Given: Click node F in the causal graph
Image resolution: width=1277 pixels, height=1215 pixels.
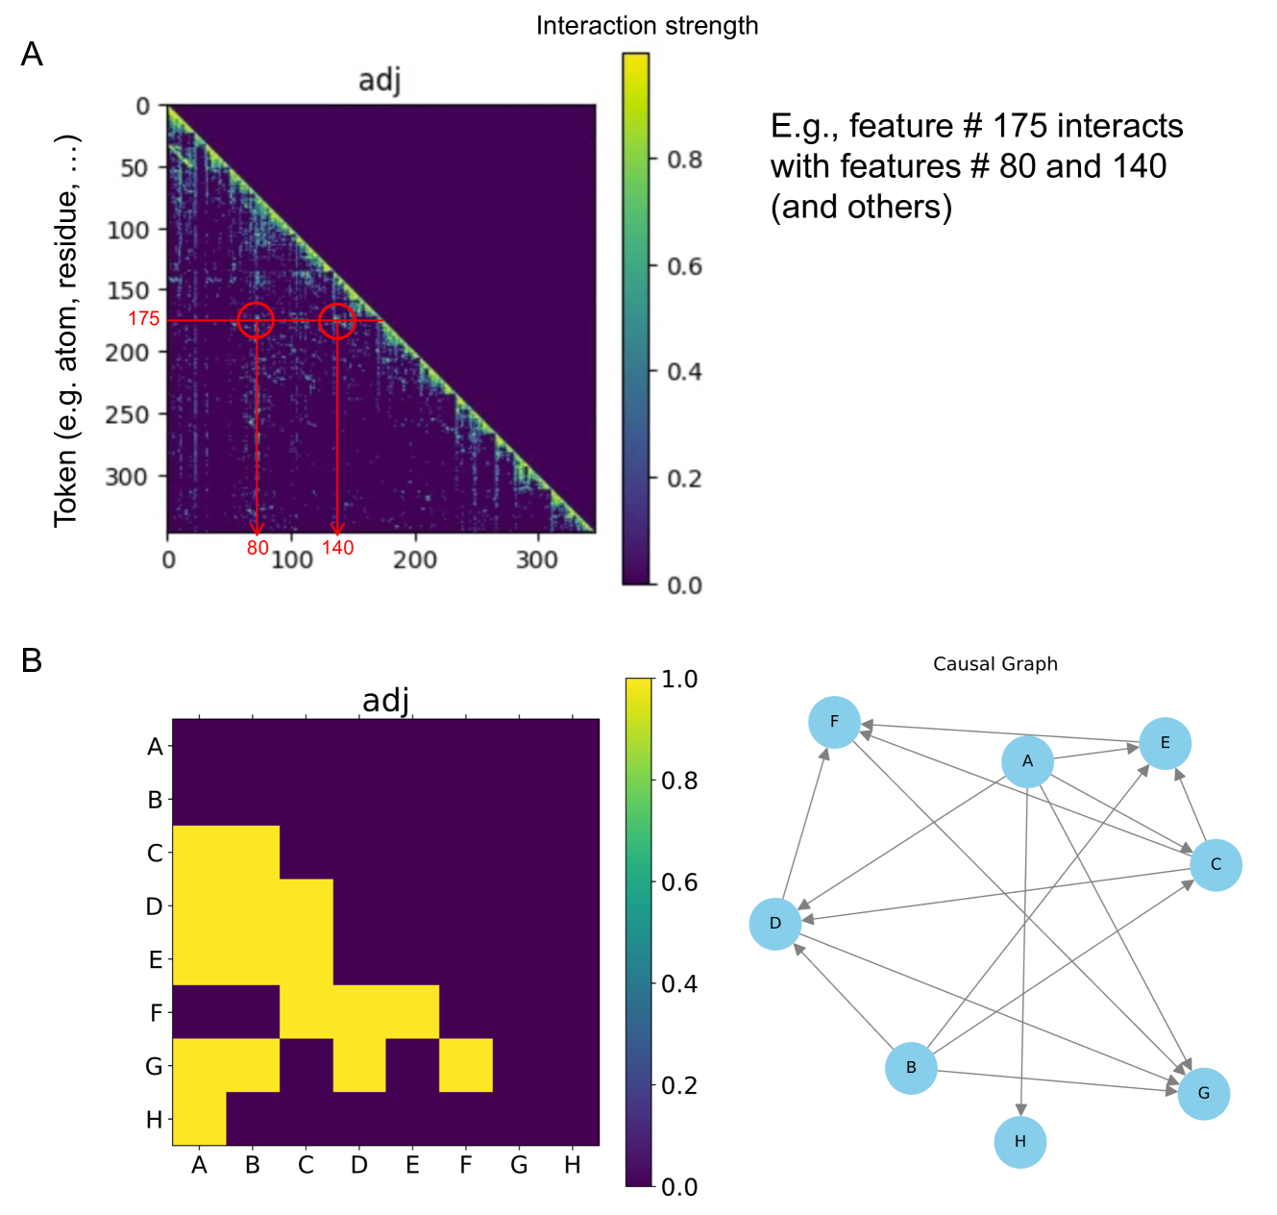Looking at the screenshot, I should click(x=834, y=722).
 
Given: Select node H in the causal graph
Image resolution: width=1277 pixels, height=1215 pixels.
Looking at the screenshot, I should click(x=1020, y=1142).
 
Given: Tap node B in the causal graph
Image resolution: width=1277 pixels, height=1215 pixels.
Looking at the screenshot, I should click(x=911, y=1068).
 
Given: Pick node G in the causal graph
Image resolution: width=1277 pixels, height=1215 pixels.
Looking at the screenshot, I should click(x=1204, y=1093).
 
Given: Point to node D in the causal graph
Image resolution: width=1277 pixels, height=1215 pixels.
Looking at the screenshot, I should click(x=775, y=924).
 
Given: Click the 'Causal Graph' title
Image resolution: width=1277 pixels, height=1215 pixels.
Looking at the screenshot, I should click(x=995, y=664).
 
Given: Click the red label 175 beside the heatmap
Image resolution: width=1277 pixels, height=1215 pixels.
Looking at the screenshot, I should click(x=144, y=319).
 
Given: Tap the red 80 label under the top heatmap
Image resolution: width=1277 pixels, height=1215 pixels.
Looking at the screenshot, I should click(x=258, y=548).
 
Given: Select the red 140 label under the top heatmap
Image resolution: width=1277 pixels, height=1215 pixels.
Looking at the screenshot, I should click(x=337, y=548).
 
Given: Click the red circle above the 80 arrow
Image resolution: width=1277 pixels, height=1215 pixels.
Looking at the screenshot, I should click(x=256, y=320).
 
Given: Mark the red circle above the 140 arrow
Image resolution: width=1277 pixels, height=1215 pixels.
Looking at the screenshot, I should click(x=337, y=320).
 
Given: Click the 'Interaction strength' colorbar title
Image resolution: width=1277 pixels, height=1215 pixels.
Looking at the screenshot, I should click(x=647, y=26).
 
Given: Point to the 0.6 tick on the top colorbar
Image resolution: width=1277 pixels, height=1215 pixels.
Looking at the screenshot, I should click(x=684, y=266).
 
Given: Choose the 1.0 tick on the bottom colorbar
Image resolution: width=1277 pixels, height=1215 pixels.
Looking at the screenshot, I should click(x=679, y=680).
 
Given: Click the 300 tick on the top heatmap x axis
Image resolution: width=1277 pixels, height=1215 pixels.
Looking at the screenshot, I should click(x=536, y=559).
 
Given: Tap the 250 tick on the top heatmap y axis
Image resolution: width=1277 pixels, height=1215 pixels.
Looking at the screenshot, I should click(x=128, y=414).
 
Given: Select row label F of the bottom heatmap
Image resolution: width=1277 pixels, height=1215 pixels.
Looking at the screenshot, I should click(x=156, y=1013).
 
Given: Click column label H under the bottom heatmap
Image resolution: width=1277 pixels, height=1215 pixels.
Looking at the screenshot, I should click(x=573, y=1166).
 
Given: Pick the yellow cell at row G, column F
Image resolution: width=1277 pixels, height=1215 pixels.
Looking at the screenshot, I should click(x=466, y=1065).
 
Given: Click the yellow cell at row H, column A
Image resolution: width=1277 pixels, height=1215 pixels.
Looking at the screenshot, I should click(x=199, y=1118).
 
